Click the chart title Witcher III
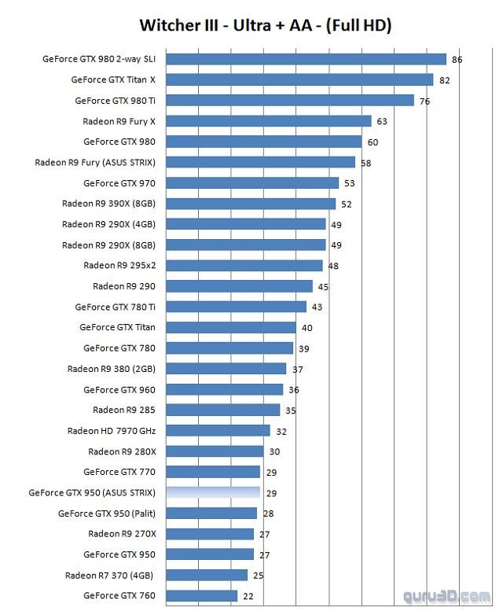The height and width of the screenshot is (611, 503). pyautogui.click(x=266, y=25)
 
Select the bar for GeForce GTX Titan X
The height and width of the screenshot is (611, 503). pyautogui.click(x=299, y=79)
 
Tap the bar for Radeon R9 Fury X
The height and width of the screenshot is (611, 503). pyautogui.click(x=269, y=121)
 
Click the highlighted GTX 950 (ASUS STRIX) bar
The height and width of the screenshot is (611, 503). pyautogui.click(x=213, y=493)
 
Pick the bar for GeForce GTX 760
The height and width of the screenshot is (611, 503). pyautogui.click(x=202, y=596)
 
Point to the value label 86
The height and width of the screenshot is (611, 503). pyautogui.click(x=457, y=60)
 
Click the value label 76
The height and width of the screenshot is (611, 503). pyautogui.click(x=424, y=101)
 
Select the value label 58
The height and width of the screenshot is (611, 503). pyautogui.click(x=365, y=163)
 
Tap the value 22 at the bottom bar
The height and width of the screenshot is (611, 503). pyautogui.click(x=248, y=597)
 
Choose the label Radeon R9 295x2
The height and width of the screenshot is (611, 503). pyautogui.click(x=119, y=265)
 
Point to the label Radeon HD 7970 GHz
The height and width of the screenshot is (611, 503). pyautogui.click(x=112, y=431)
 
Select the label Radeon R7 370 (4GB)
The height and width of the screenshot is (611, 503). pyautogui.click(x=110, y=576)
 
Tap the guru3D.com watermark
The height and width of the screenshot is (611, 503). pyautogui.click(x=448, y=596)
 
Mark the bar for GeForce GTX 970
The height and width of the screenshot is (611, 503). pyautogui.click(x=252, y=183)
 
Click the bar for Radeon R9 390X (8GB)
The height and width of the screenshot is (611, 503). pyautogui.click(x=251, y=204)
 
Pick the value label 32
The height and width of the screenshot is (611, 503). pyautogui.click(x=281, y=432)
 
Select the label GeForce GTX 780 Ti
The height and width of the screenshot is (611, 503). pyautogui.click(x=115, y=307)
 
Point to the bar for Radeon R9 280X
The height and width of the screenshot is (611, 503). pyautogui.click(x=215, y=451)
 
